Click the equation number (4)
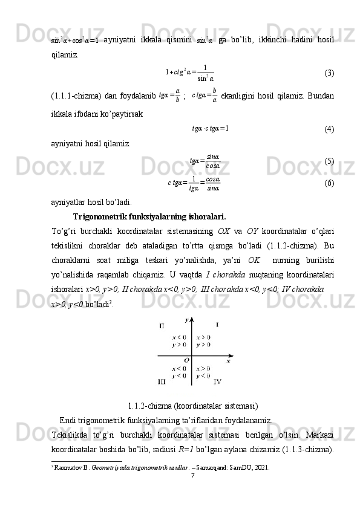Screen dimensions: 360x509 pos(329,129)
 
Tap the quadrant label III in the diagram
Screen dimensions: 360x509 pos(162,381)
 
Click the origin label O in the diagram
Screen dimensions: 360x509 pos(187,360)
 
